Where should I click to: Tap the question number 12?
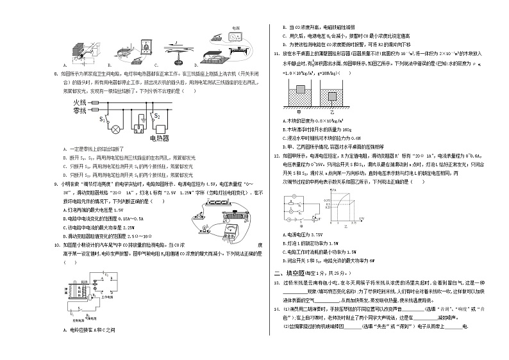(275, 155)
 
